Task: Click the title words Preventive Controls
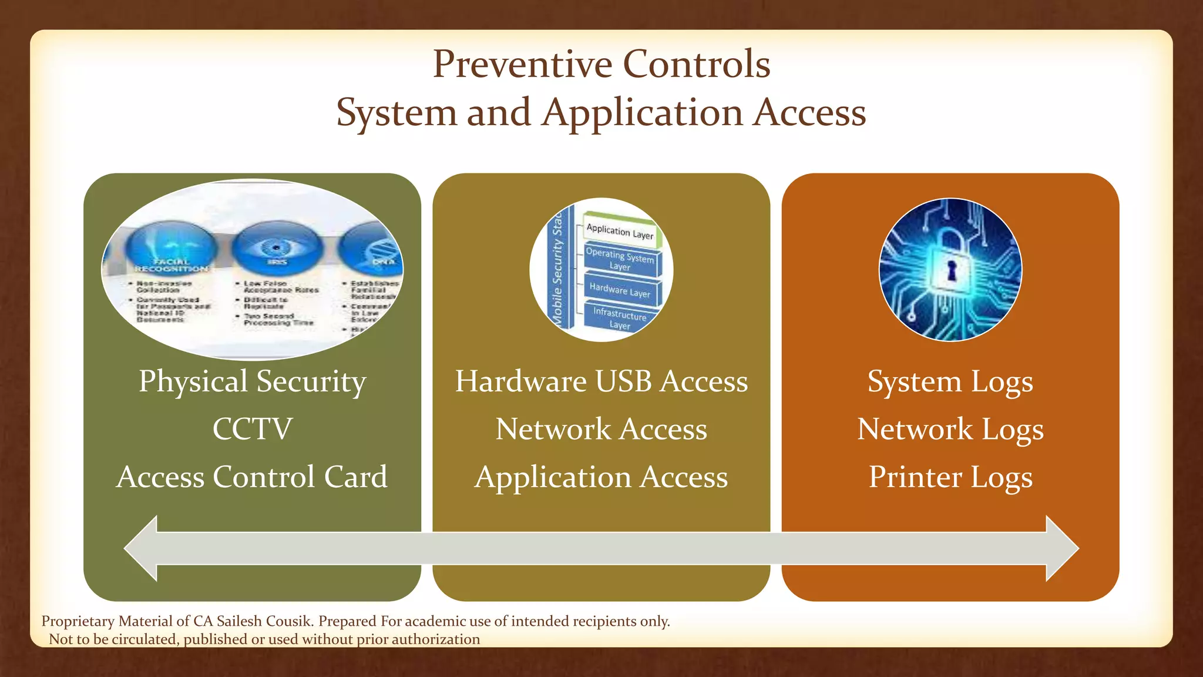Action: click(601, 63)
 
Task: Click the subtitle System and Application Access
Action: click(601, 112)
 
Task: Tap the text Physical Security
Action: click(252, 382)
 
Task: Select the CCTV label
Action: click(252, 429)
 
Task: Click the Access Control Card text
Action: click(252, 477)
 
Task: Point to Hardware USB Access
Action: click(601, 382)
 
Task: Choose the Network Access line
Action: click(601, 429)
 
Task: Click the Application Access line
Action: click(601, 477)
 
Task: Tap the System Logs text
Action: click(950, 382)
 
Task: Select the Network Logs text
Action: click(950, 429)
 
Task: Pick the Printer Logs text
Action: click(950, 477)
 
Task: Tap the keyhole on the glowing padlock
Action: click(951, 272)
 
